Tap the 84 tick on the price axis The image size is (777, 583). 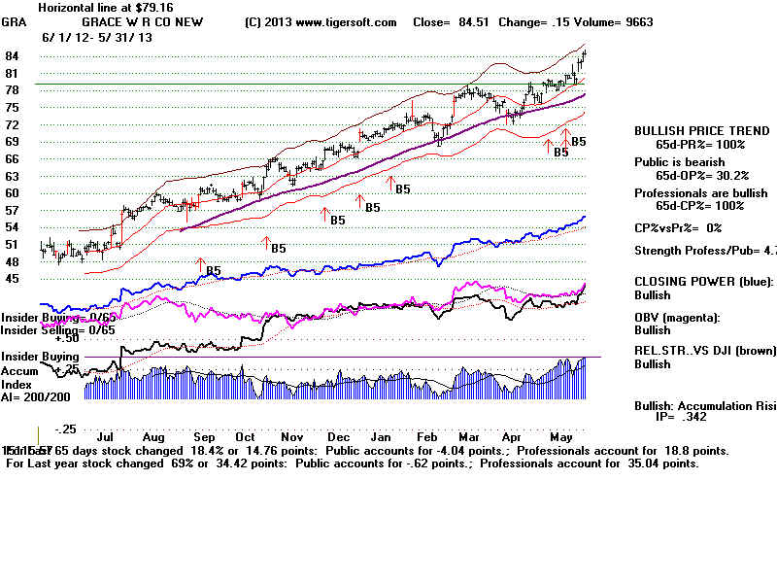(x=14, y=57)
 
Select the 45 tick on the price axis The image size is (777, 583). (x=14, y=278)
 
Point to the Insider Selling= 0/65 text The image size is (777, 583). (x=58, y=330)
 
